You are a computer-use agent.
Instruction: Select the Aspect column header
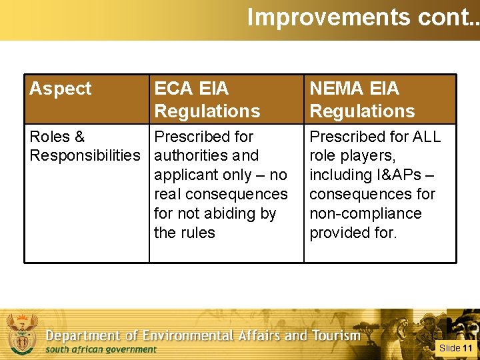[x=61, y=89]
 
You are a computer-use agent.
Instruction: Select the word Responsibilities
[x=85, y=156]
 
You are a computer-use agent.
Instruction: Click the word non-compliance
[x=365, y=214]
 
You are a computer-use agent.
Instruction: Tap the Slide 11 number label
[x=455, y=348]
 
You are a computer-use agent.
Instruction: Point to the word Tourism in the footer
[x=337, y=335]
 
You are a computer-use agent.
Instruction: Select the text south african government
[x=100, y=349]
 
